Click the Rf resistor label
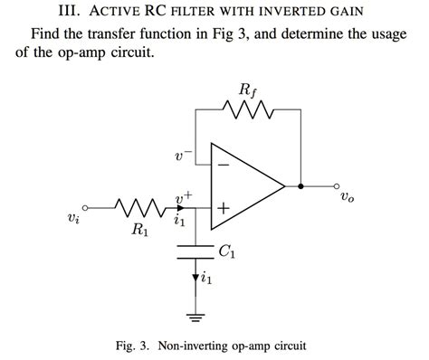click(x=245, y=90)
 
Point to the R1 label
click(x=140, y=230)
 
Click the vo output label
click(x=348, y=196)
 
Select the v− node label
click(x=184, y=156)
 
